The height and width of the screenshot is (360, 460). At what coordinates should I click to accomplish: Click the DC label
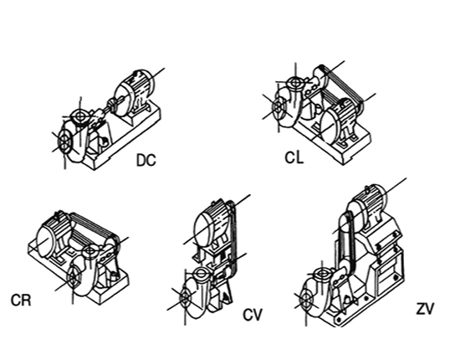tap(146, 161)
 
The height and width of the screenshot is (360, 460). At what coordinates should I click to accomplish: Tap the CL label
tap(294, 157)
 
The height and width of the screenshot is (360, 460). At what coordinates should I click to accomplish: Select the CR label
tap(21, 301)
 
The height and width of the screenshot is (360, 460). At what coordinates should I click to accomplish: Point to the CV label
tap(253, 315)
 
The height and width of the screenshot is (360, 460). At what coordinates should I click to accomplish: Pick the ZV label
tap(425, 309)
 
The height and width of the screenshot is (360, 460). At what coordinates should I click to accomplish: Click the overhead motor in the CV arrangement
tap(212, 224)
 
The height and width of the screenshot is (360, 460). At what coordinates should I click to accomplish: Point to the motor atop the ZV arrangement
tap(371, 206)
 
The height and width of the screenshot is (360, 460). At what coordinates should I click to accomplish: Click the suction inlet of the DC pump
tap(64, 141)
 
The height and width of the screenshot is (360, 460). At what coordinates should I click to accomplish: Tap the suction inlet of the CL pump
tap(277, 107)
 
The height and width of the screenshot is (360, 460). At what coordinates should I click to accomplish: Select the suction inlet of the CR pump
tap(74, 276)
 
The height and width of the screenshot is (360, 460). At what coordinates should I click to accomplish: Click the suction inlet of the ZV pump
tap(306, 300)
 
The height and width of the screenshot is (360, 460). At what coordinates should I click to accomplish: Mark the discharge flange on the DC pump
tap(79, 116)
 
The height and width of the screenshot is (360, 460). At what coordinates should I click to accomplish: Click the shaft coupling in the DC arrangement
tap(111, 105)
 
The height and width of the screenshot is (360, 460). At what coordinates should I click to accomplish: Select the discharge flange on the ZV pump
tap(322, 275)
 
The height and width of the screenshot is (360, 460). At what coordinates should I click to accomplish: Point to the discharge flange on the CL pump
tap(295, 83)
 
